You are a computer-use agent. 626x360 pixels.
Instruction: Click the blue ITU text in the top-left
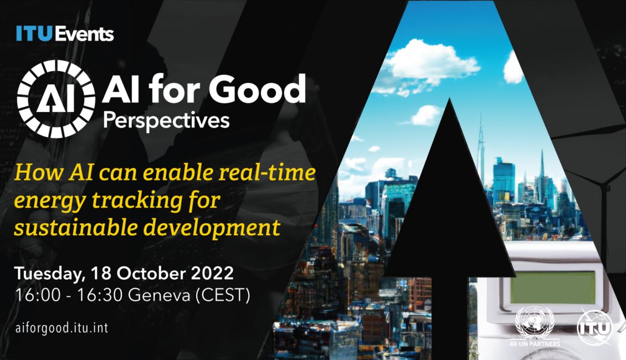[x=34, y=34]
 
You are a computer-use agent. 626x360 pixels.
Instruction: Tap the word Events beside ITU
[x=84, y=34]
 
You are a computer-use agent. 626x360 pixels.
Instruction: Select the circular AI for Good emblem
[x=57, y=99]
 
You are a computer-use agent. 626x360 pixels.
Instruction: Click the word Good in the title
[x=257, y=89]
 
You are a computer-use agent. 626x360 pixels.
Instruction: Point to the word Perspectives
[x=166, y=121]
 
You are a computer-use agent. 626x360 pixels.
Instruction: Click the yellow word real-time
[x=268, y=173]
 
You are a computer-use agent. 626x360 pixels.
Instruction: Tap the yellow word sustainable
[x=75, y=228]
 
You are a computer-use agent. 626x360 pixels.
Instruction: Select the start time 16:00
[x=38, y=295]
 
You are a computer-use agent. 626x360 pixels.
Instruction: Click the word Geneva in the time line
[x=159, y=295]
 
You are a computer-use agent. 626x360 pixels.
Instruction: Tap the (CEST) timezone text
[x=223, y=296]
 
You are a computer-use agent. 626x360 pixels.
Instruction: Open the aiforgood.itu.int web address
[x=61, y=328]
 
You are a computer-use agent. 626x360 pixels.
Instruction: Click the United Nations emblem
[x=535, y=322]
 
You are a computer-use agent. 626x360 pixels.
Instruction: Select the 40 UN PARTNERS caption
[x=535, y=343]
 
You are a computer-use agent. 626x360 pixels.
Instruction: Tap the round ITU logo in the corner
[x=595, y=328]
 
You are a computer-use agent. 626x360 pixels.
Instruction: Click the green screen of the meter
[x=552, y=287]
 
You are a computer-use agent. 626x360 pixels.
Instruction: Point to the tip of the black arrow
[x=449, y=98]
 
